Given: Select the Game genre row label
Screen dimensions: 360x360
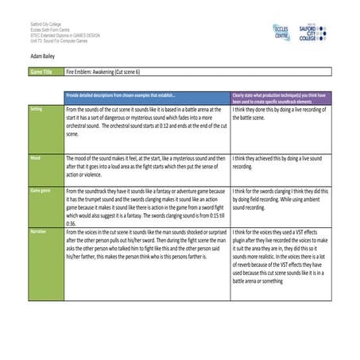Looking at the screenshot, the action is [41, 191].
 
